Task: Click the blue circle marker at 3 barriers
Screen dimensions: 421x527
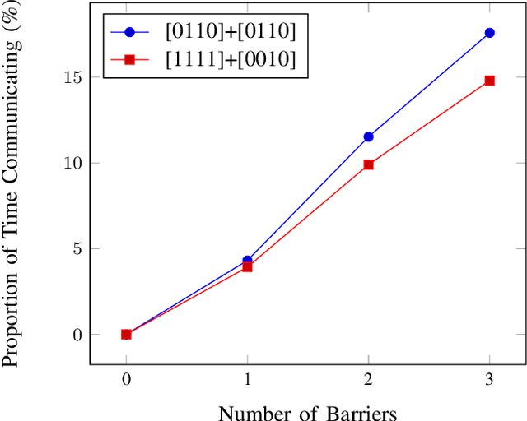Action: pos(490,33)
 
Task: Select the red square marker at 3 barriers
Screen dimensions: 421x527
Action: pos(490,81)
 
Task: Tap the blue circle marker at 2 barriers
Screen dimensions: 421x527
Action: pos(368,136)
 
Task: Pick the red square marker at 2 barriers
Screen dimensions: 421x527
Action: pos(368,164)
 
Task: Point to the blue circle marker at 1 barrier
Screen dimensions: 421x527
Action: pos(247,260)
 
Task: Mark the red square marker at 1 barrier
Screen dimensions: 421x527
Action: pos(247,266)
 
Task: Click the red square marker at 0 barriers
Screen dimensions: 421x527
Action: pos(126,334)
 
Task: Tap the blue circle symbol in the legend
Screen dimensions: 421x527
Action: pos(129,33)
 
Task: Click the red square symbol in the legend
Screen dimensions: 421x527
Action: pos(129,60)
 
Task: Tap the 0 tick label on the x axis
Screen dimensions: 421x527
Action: pos(126,381)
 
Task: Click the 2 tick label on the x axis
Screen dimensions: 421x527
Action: pos(368,381)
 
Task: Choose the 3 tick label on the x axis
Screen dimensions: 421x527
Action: pos(490,381)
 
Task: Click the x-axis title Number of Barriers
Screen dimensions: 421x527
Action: pos(308,411)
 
